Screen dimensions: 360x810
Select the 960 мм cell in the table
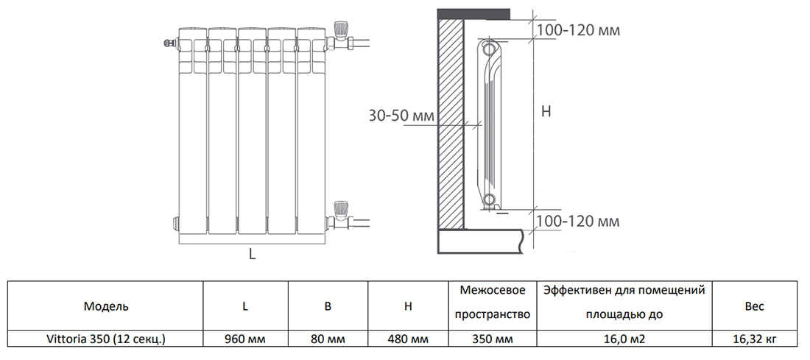click(244, 339)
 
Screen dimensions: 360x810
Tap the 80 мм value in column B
click(328, 339)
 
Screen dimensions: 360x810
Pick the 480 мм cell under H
click(407, 339)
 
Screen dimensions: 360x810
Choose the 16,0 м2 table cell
click(624, 339)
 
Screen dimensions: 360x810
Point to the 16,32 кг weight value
click(754, 339)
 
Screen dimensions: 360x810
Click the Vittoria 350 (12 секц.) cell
click(106, 339)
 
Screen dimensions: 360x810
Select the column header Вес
click(754, 306)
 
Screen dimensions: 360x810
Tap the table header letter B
click(328, 306)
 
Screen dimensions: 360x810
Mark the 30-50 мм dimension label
click(401, 116)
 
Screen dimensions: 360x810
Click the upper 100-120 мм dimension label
click(577, 31)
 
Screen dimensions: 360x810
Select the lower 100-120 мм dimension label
click(577, 221)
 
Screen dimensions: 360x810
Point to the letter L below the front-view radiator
click(251, 255)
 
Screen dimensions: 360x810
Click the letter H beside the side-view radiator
click(546, 112)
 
